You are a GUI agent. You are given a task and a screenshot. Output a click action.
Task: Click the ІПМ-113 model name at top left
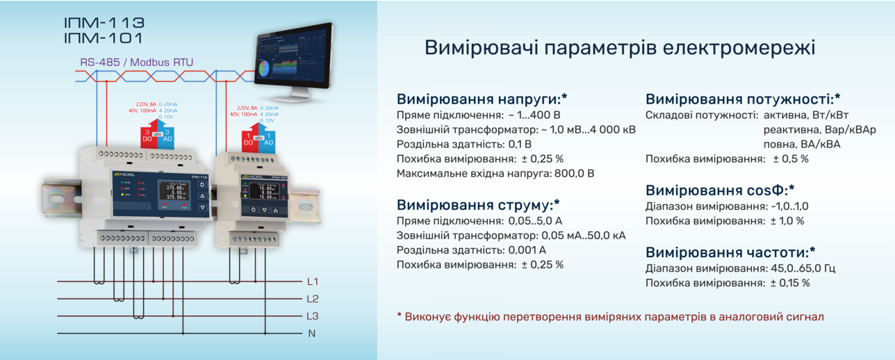tap(104, 22)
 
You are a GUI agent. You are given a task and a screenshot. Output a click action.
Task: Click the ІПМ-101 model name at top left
tap(104, 39)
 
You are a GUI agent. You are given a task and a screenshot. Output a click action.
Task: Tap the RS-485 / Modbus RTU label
tap(136, 63)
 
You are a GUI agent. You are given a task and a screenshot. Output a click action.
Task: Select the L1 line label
tap(312, 281)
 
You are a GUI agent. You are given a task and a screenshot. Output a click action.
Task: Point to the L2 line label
tap(312, 299)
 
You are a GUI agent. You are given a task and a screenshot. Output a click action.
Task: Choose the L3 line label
tap(312, 316)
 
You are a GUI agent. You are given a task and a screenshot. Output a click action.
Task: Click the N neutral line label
tap(312, 334)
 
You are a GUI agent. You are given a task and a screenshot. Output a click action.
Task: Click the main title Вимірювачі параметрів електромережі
tap(619, 48)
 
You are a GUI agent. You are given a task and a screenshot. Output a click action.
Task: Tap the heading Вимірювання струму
tap(478, 205)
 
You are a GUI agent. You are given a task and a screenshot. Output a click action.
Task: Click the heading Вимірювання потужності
tap(743, 99)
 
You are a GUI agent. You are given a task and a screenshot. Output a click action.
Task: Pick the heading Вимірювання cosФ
tap(720, 190)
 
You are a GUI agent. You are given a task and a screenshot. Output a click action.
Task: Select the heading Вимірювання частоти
tap(730, 252)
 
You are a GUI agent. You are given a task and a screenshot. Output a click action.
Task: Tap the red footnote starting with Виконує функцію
tap(610, 317)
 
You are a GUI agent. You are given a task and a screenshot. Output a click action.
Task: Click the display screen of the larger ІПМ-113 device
tap(174, 192)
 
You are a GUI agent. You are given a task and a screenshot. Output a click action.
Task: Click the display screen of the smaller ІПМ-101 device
tap(265, 190)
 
